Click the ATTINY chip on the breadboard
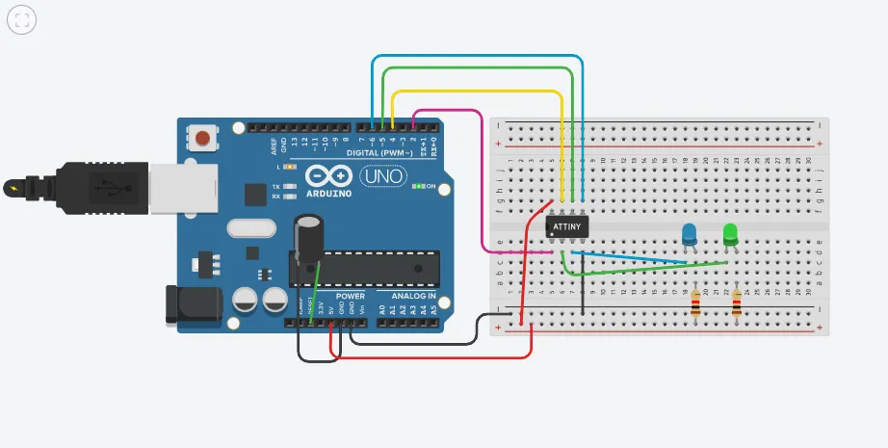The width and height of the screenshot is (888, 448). click(568, 226)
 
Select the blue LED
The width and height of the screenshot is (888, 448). click(689, 234)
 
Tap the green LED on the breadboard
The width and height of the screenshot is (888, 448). click(730, 233)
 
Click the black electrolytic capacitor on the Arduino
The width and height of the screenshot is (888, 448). click(309, 238)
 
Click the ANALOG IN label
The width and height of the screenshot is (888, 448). click(412, 296)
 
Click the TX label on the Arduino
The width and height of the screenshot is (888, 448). click(275, 185)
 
